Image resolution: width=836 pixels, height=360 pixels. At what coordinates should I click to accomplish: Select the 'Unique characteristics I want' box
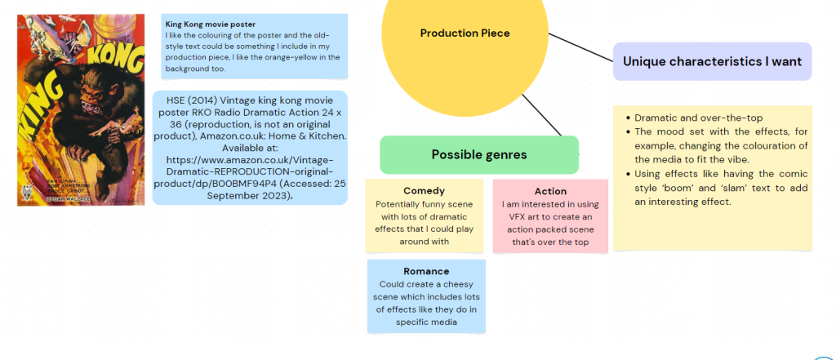(712, 61)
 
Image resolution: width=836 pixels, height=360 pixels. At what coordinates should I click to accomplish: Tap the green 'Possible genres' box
(479, 154)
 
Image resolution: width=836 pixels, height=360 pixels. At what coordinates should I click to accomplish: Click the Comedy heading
(424, 191)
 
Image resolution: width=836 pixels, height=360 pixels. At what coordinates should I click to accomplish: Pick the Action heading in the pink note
(550, 191)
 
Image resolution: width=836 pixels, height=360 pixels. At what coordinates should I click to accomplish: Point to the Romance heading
(426, 271)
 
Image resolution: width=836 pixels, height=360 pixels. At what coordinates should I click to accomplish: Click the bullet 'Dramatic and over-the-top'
(698, 118)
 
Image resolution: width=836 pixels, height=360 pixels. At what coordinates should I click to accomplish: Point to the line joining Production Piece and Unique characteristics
(582, 48)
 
